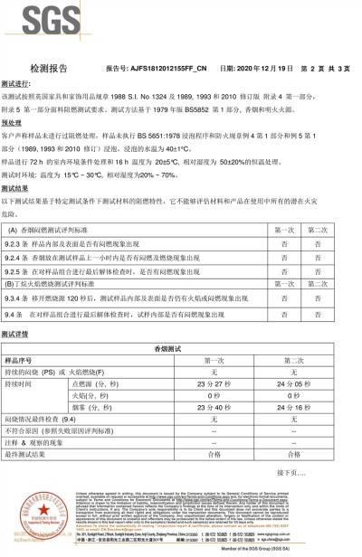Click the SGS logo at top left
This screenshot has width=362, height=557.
(x=31, y=21)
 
